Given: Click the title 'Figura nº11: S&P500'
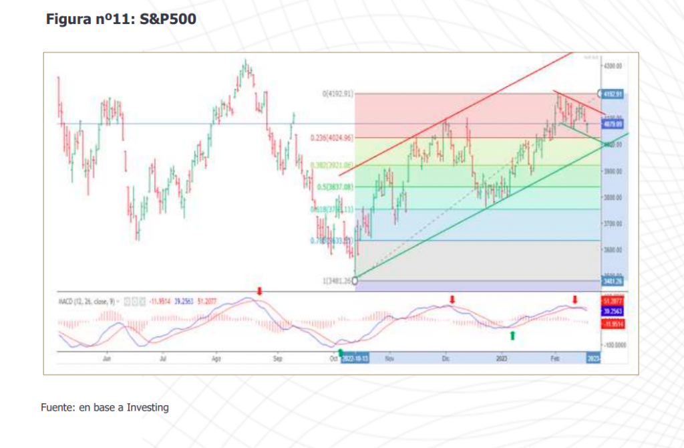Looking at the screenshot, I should [x=121, y=20].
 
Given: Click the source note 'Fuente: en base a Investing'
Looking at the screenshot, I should [x=105, y=407].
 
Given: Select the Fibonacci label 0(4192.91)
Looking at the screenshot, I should [x=337, y=94].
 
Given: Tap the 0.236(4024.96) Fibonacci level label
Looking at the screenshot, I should [x=331, y=138].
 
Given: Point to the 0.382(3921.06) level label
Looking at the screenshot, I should [x=331, y=165].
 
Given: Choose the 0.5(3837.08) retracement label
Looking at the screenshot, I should [x=335, y=187].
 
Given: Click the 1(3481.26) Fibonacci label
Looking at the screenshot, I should [x=337, y=282].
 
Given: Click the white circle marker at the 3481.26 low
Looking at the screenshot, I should [x=354, y=281].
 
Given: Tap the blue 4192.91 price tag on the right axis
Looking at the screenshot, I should [x=613, y=94].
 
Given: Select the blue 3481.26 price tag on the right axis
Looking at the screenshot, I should [x=613, y=282].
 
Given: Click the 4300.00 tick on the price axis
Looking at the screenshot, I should [x=613, y=67].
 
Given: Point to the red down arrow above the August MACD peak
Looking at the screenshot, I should [x=260, y=291].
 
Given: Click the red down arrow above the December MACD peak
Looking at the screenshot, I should [x=452, y=299].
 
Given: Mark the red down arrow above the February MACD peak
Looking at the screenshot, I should [x=574, y=299].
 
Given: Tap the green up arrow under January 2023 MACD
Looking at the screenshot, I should [x=512, y=334].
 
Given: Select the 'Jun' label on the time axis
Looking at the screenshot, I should [x=107, y=359].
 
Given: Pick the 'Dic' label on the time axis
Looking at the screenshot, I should [x=446, y=359].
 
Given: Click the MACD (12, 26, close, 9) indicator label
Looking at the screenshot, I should [x=88, y=302].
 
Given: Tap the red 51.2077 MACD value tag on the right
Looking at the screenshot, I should [x=613, y=302].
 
